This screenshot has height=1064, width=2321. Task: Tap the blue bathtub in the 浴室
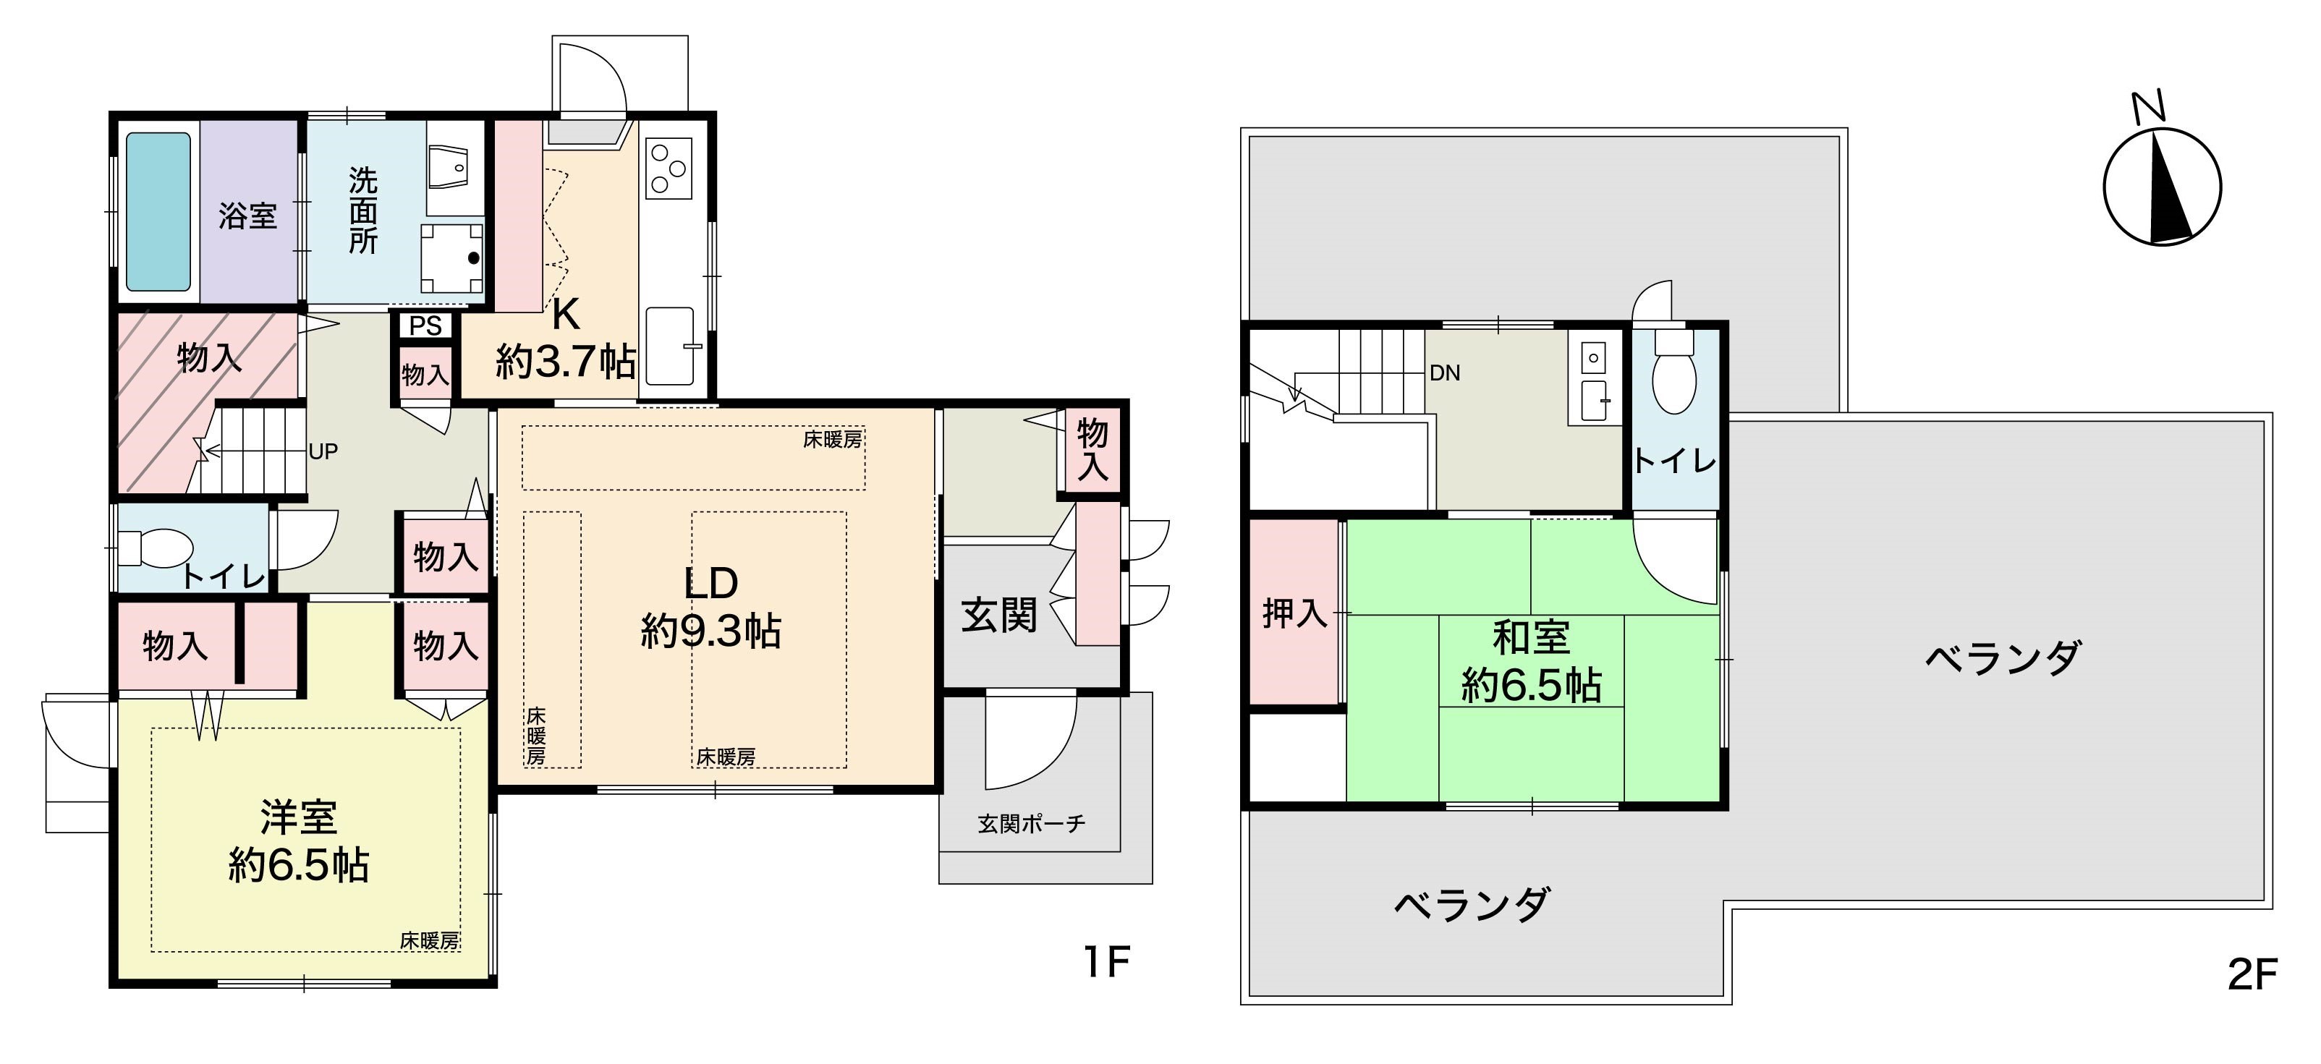[158, 212]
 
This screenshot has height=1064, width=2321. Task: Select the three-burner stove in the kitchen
[669, 169]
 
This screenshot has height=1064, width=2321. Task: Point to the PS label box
[425, 325]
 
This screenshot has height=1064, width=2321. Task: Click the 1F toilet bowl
[155, 547]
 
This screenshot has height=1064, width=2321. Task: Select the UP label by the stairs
[323, 451]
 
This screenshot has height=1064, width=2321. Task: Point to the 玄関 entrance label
[999, 616]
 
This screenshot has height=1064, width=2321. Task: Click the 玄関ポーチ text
[1032, 823]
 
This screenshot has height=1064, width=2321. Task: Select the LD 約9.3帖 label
[711, 608]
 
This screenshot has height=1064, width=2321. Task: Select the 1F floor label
[1106, 962]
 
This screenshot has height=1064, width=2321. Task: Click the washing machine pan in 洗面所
[452, 258]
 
